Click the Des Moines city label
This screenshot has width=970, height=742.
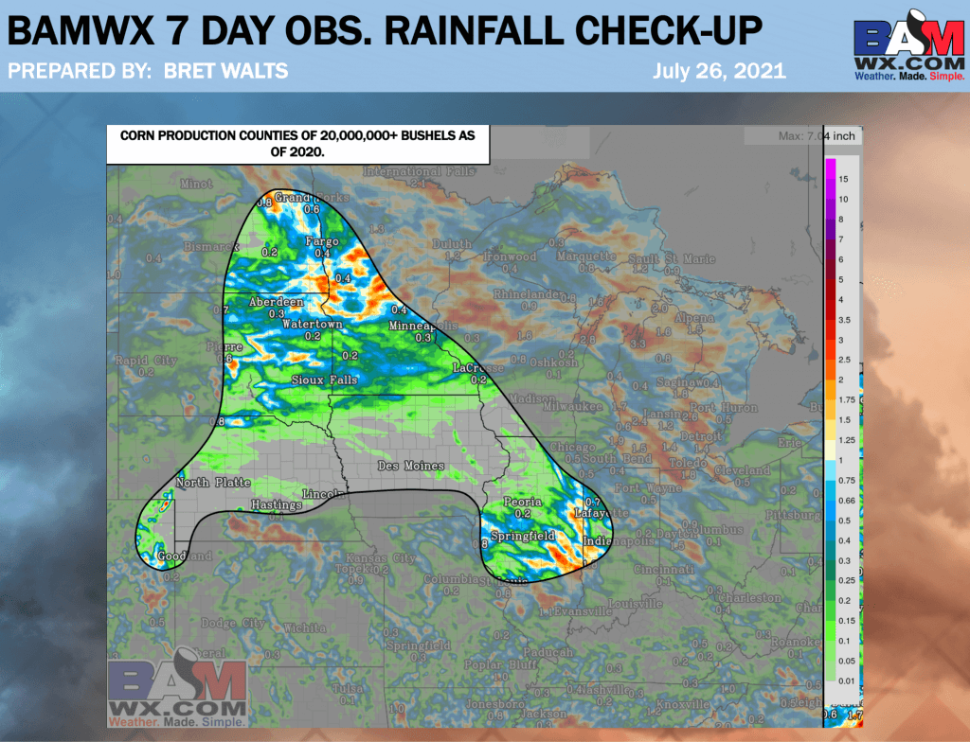click(x=411, y=467)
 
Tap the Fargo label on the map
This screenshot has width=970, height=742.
click(x=322, y=242)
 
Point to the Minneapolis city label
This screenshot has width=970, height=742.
click(x=423, y=327)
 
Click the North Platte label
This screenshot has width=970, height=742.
click(x=213, y=484)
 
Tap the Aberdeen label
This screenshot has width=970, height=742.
click(x=276, y=302)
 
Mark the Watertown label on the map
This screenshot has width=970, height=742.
click(x=313, y=325)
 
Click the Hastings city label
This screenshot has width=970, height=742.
click(x=276, y=505)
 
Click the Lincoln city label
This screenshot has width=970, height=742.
click(x=322, y=495)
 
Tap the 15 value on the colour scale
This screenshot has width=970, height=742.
click(x=842, y=179)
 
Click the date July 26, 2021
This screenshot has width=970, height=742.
click(x=719, y=71)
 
